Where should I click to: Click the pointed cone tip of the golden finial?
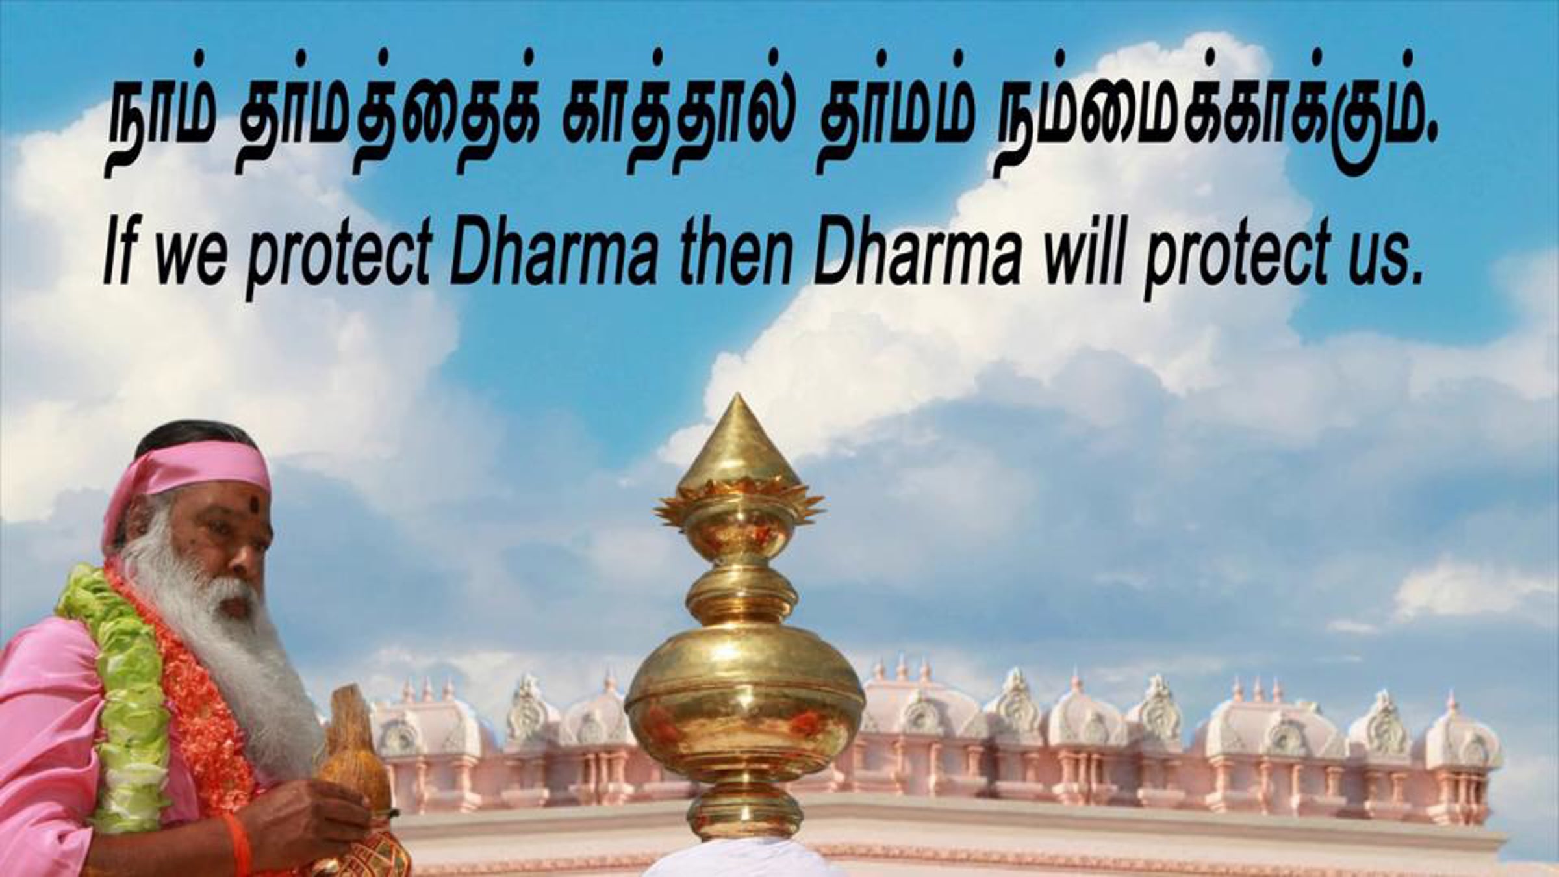pos(739,398)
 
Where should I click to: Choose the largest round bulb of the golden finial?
pos(744,708)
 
